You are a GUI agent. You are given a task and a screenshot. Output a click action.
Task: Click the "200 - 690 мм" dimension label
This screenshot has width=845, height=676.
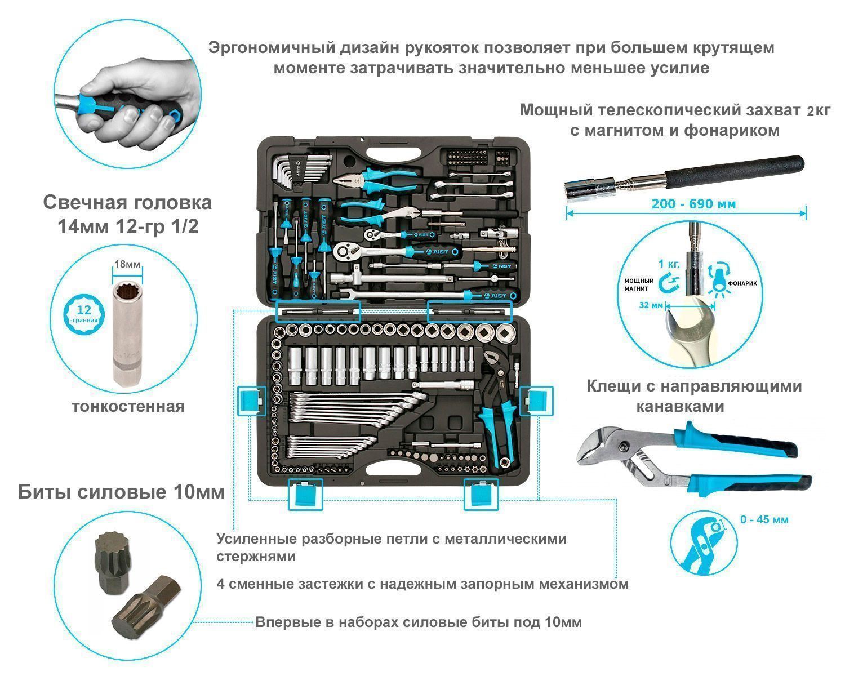coord(693,204)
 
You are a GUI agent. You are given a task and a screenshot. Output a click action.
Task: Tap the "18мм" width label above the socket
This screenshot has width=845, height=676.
coord(127,264)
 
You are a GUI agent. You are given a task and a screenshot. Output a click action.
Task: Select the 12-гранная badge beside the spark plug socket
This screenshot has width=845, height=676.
coord(84,314)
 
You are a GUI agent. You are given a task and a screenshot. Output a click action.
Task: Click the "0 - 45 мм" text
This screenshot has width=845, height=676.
coord(764,519)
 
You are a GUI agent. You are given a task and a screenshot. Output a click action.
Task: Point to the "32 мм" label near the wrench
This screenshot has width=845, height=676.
coord(651,305)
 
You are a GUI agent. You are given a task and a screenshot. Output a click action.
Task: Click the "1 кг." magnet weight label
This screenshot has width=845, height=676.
coord(669,264)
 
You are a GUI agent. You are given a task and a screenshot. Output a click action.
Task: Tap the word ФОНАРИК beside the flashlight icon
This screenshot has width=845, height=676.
coord(742,283)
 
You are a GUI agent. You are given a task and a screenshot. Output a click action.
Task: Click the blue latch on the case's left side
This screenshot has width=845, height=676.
coord(251,401)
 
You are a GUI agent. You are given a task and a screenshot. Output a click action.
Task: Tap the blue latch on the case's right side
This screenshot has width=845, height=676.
coord(536,401)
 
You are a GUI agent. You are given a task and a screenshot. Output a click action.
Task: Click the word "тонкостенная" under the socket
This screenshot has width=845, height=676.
coord(128,406)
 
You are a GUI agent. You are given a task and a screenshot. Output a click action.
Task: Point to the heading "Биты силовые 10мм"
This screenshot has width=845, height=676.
coord(121,492)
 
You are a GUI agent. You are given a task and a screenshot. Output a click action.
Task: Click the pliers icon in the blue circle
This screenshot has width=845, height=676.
coord(703,543)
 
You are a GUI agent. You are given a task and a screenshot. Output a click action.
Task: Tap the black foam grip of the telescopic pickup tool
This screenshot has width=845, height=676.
coord(734,172)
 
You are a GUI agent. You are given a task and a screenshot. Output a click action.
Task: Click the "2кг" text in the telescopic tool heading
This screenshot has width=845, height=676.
coord(819,111)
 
